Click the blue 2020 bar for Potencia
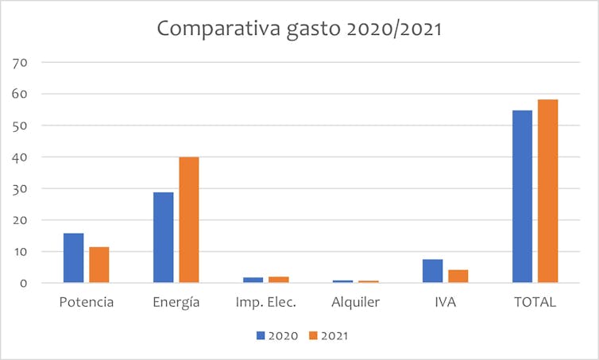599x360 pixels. [x=73, y=257]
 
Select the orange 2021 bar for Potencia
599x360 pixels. [x=99, y=265]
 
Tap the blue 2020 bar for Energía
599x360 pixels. [x=163, y=237]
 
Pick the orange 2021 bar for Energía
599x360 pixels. [x=188, y=219]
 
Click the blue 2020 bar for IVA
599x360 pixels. [x=432, y=270]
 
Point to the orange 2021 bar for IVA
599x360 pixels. [x=458, y=276]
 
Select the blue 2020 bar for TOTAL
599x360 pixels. [x=522, y=196]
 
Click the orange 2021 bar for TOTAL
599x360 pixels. [x=547, y=191]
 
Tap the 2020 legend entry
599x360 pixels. [x=276, y=335]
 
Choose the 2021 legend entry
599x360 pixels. [x=327, y=335]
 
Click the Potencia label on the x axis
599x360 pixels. [x=87, y=302]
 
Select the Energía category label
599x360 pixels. [x=176, y=302]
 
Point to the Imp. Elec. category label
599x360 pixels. [x=265, y=302]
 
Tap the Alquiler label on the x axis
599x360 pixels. [x=355, y=302]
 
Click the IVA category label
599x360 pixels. [x=445, y=302]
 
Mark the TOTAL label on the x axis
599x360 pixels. [x=535, y=302]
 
